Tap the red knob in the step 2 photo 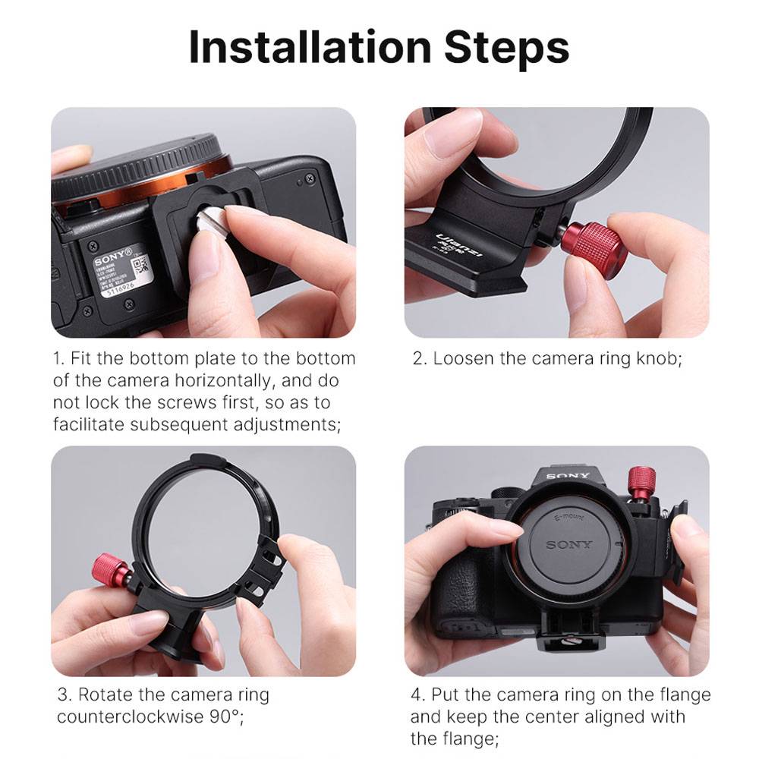click(597, 244)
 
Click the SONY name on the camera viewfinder click(568, 477)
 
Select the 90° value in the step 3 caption click(228, 716)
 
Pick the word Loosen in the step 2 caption click(464, 359)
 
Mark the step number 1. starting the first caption click(58, 359)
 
